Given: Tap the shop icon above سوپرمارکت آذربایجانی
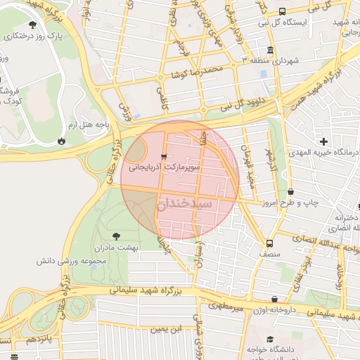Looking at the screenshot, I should [x=164, y=156].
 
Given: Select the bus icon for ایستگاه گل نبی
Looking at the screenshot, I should [x=282, y=11].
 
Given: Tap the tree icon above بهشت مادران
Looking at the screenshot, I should [x=117, y=236].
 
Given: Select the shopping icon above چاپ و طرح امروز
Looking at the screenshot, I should [x=291, y=191].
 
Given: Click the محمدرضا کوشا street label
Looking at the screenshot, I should [x=200, y=70].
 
